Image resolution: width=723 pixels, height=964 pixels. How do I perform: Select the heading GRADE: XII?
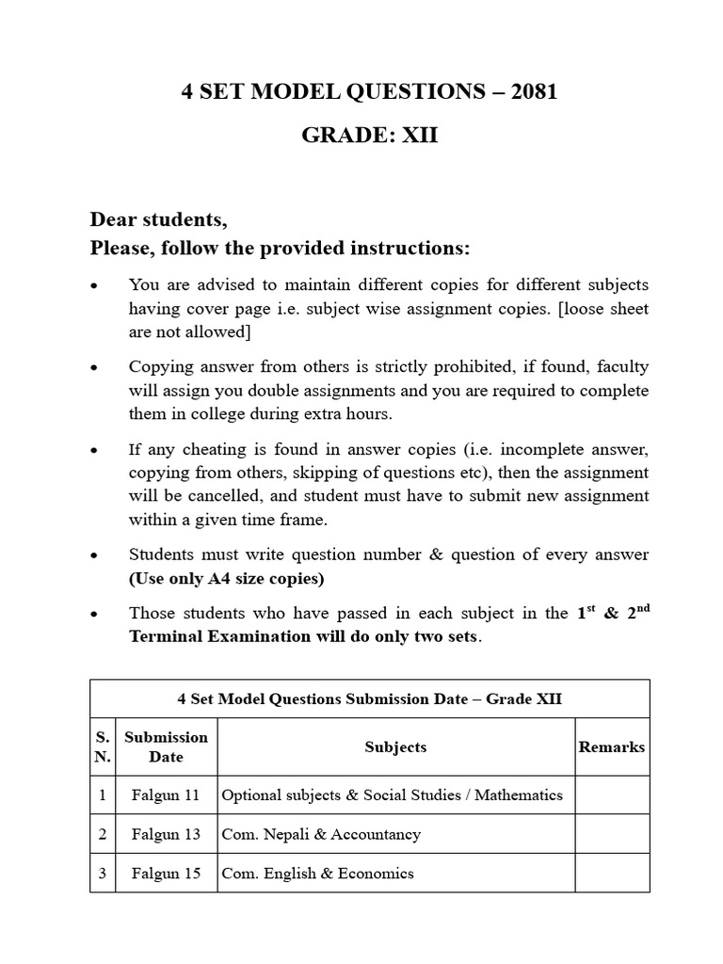tap(369, 136)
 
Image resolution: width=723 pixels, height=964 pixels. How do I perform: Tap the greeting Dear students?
tap(158, 219)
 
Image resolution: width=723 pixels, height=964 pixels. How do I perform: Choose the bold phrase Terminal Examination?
tap(218, 635)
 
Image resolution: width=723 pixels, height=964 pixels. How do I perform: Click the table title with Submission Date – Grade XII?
tap(369, 699)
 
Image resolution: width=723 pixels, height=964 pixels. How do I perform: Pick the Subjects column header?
tap(395, 747)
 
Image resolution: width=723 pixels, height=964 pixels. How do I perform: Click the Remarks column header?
tap(612, 747)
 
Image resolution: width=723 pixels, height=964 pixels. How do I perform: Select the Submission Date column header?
tap(166, 747)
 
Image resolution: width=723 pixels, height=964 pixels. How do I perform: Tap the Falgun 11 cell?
tap(166, 795)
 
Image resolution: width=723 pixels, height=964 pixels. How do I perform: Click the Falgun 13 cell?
tap(166, 833)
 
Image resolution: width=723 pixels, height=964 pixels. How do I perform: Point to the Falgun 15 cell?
tap(166, 873)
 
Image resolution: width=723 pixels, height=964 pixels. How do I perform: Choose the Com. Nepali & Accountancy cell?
tap(321, 833)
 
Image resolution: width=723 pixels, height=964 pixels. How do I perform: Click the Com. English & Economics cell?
tap(317, 873)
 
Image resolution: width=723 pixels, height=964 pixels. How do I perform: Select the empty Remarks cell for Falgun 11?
tap(612, 795)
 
